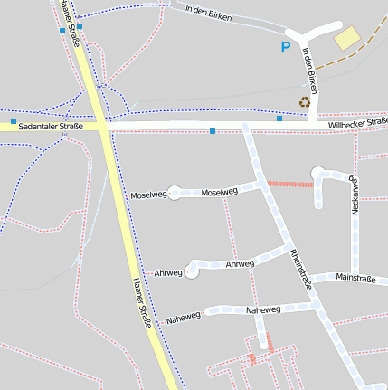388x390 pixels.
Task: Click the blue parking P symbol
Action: pyautogui.click(x=287, y=47)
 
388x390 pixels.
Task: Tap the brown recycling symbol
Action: pyautogui.click(x=305, y=102)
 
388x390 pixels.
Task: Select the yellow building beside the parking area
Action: pyautogui.click(x=346, y=38)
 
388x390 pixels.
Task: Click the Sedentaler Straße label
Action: pyautogui.click(x=51, y=127)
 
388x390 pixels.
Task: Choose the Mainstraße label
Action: pyautogui.click(x=355, y=278)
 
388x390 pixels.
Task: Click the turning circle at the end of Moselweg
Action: pyautogui.click(x=175, y=192)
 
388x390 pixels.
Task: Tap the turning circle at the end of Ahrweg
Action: pyautogui.click(x=192, y=270)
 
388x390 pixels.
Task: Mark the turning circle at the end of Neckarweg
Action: pyautogui.click(x=317, y=173)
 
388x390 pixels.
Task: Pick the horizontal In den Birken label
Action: pyautogui.click(x=207, y=14)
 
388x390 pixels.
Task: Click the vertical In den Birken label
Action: pyautogui.click(x=309, y=71)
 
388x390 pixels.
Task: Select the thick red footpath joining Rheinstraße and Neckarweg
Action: pyautogui.click(x=289, y=184)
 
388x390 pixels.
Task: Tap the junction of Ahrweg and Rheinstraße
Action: pyautogui.click(x=288, y=248)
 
